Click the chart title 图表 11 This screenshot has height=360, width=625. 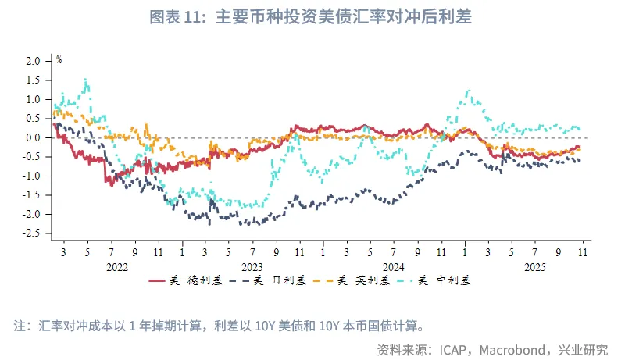(312, 16)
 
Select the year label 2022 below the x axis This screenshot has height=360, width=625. (116, 266)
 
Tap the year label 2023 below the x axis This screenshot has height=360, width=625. (252, 266)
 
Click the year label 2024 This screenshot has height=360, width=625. (394, 266)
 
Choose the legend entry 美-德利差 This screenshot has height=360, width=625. (190, 280)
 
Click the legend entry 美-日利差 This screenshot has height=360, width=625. (273, 280)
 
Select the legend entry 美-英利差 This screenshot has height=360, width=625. (356, 280)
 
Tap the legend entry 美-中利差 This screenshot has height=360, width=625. (440, 280)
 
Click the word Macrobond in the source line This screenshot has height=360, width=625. (516, 348)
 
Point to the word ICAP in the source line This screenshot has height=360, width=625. (455, 348)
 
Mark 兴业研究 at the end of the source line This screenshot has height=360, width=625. (585, 348)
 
